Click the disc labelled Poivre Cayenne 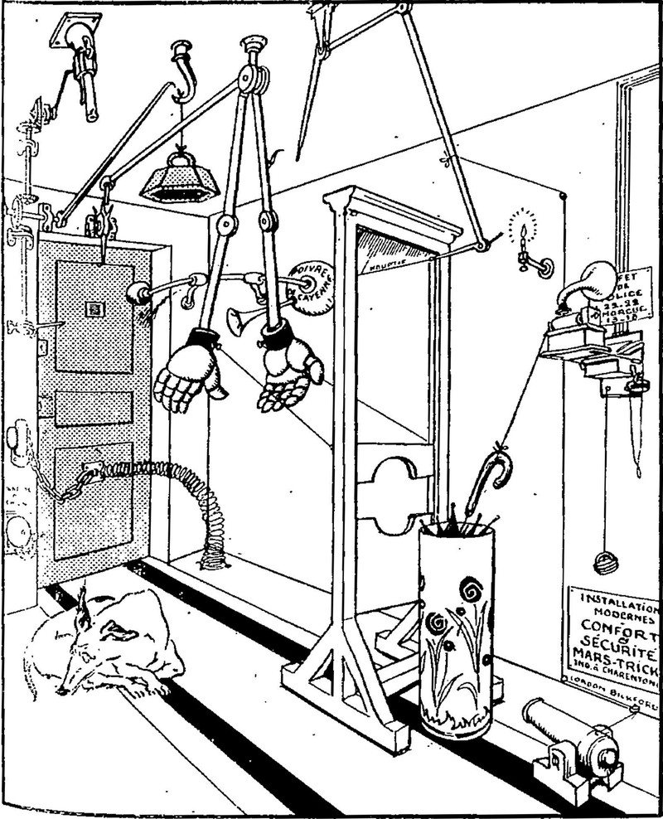click(308, 283)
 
